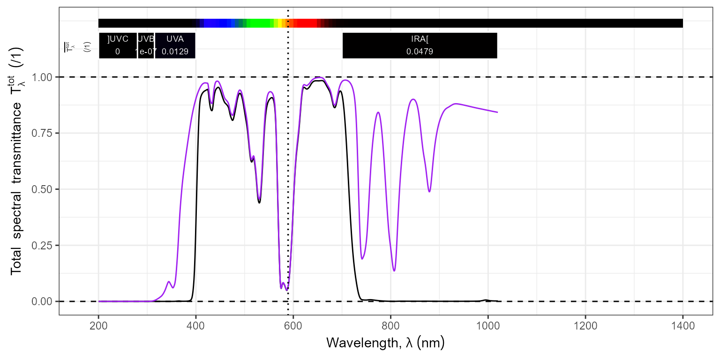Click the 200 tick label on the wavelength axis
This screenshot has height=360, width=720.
click(98, 325)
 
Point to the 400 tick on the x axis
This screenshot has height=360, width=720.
click(196, 325)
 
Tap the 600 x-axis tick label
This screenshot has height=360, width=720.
click(293, 325)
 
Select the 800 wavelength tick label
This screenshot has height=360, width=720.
click(390, 325)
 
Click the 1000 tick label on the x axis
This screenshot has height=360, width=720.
click(488, 325)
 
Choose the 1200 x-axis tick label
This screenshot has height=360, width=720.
click(585, 325)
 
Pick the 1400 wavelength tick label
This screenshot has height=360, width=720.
click(682, 325)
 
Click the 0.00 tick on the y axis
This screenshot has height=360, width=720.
click(42, 301)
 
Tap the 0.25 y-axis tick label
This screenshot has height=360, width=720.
click(42, 245)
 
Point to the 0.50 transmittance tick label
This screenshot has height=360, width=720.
click(42, 189)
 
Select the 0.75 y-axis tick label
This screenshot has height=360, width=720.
click(42, 133)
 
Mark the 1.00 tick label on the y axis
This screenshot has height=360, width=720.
click(42, 77)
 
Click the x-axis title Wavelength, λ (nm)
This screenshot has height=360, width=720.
click(385, 343)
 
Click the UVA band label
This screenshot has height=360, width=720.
click(175, 39)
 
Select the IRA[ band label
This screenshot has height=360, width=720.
click(420, 39)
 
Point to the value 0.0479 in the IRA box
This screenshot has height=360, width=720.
click(420, 52)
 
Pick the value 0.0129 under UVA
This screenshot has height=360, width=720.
click(175, 52)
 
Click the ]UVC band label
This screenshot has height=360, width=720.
click(118, 39)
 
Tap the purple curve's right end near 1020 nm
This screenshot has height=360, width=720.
click(497, 112)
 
